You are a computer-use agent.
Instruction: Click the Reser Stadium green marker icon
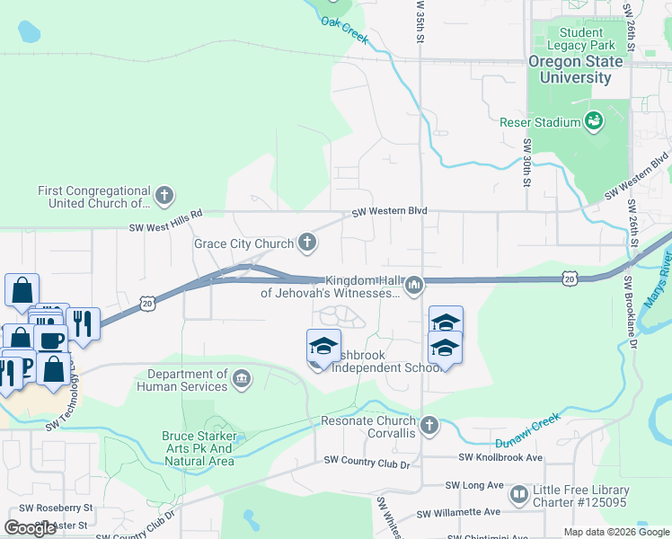[594, 120]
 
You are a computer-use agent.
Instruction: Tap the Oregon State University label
[575, 69]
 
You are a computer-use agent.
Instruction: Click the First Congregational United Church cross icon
[164, 194]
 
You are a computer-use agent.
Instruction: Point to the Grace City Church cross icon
[307, 242]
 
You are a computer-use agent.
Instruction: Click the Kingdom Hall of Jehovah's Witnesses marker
[413, 286]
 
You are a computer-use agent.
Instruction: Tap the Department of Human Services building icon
[242, 378]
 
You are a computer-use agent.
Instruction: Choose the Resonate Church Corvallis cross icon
[429, 424]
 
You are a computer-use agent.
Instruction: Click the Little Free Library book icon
[518, 494]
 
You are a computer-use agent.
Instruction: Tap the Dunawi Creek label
[527, 431]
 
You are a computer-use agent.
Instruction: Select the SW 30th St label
[526, 163]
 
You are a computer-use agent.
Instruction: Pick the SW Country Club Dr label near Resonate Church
[367, 464]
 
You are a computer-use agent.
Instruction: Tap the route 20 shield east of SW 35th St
[570, 280]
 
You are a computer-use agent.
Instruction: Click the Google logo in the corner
[30, 528]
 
